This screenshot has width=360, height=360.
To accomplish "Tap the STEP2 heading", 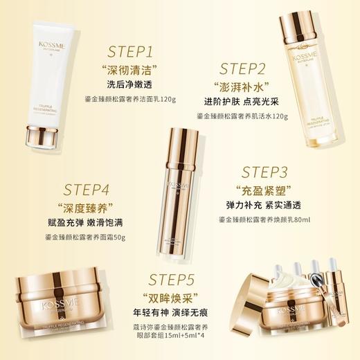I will click(x=243, y=68).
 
